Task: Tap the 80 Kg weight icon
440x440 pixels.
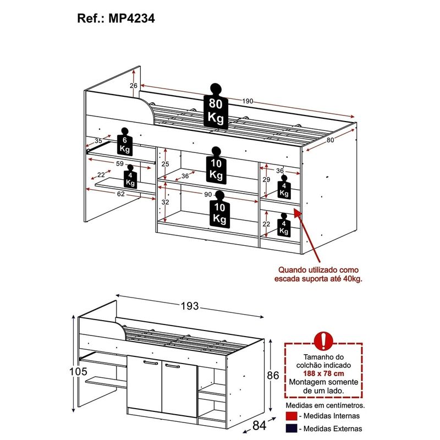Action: pos(215,108)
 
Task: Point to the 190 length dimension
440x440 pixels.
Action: pos(248,101)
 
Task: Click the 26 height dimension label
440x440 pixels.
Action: pos(134,86)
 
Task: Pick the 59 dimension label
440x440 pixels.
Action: pos(119,163)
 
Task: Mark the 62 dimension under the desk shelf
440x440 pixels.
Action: pos(119,194)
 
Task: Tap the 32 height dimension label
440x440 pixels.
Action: pos(165,202)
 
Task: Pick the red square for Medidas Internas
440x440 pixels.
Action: pos(291,416)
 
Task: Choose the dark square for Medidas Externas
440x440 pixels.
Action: pos(291,428)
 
